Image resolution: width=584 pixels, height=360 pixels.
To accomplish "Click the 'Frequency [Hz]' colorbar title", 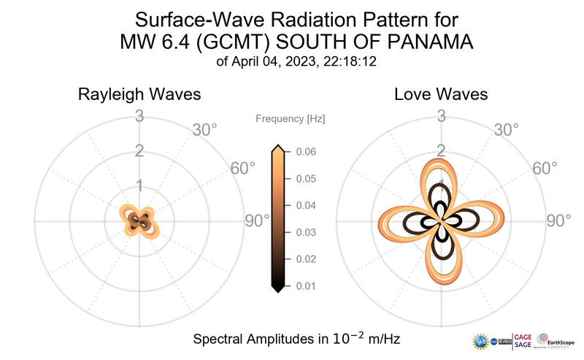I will [x=291, y=118].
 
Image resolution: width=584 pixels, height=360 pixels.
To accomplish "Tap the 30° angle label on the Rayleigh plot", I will [x=204, y=131].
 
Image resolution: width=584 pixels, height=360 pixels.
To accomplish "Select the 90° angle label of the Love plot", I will [x=559, y=221].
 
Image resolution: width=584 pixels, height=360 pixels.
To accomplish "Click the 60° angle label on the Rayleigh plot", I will [x=243, y=168].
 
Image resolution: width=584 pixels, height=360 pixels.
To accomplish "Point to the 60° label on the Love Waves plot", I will [x=545, y=168].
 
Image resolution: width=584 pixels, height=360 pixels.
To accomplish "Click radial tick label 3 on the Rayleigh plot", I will [x=139, y=115].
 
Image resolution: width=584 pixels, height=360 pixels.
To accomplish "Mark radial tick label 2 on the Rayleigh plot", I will [x=139, y=150].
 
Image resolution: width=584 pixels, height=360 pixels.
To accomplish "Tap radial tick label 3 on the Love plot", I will [x=440, y=115].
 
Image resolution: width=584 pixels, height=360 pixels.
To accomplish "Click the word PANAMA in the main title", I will [x=418, y=42].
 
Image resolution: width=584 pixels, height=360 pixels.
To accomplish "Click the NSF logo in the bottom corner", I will [x=482, y=341].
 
